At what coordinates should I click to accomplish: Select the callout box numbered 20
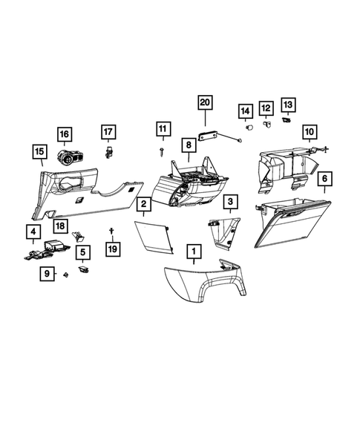[205, 102]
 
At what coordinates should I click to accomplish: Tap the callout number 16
[64, 134]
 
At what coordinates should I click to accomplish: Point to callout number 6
[324, 179]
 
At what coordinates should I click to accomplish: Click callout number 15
[38, 153]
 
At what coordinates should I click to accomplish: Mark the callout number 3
[231, 201]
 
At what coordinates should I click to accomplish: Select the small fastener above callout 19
[111, 232]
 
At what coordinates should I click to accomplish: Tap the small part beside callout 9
[66, 275]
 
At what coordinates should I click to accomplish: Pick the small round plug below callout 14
[248, 128]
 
